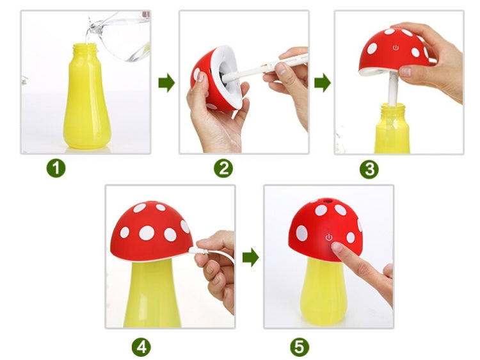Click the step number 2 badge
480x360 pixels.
coord(223,168)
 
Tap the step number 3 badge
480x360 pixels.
coord(369,169)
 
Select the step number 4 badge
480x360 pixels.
coord(141,347)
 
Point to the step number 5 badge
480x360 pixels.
coord(299,347)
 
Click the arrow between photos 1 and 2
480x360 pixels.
coord(166,83)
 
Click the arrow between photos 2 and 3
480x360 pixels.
coord(323,83)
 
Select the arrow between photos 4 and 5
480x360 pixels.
coord(251,258)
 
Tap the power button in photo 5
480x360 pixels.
coord(329,237)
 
